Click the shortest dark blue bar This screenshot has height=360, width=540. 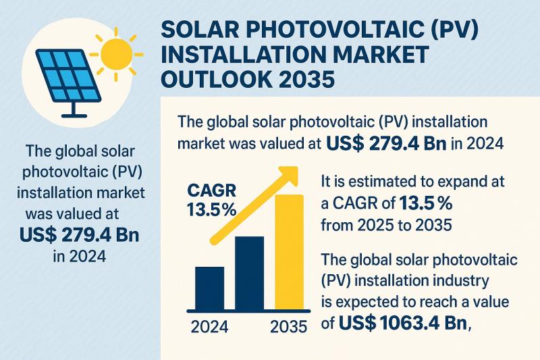point(209,286)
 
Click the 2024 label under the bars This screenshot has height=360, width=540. point(210,328)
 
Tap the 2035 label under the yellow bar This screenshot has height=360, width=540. point(288,328)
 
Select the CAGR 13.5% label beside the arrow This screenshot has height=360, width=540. point(211,200)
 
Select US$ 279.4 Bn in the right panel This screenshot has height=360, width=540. point(383,144)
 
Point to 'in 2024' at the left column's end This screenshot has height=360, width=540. point(84,257)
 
